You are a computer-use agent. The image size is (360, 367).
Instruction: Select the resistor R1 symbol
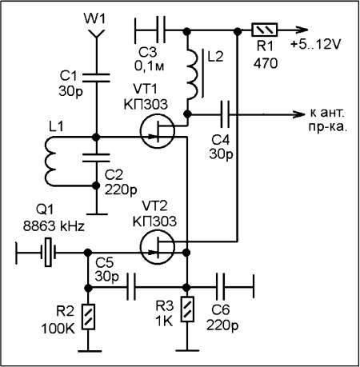tap(264, 30)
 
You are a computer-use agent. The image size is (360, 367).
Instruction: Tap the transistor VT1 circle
tap(158, 130)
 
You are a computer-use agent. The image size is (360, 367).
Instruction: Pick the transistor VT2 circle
tap(158, 246)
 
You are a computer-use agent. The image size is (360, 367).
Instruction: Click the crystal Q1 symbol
tap(48, 252)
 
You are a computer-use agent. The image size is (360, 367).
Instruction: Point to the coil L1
tap(50, 162)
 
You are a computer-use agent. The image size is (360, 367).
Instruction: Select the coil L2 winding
tap(193, 74)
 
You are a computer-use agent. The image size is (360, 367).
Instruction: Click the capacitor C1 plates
tap(96, 78)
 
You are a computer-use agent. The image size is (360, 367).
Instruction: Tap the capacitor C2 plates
tap(96, 158)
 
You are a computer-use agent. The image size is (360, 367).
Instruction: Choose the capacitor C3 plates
tap(161, 30)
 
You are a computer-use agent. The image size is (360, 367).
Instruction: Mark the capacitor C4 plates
tap(225, 114)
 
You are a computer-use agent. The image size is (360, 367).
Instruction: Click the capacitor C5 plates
tap(131, 287)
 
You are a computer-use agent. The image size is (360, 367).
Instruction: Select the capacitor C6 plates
tap(220, 287)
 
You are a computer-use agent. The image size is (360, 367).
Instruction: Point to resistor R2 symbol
tap(88, 317)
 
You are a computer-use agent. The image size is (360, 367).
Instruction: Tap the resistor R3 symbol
tap(187, 309)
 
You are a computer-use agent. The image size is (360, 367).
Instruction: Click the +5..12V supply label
tap(315, 44)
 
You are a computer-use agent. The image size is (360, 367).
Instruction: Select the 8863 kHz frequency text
tap(54, 226)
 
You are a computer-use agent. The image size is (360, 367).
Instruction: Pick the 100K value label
tap(58, 329)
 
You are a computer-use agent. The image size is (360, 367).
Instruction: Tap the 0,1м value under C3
tap(150, 66)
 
